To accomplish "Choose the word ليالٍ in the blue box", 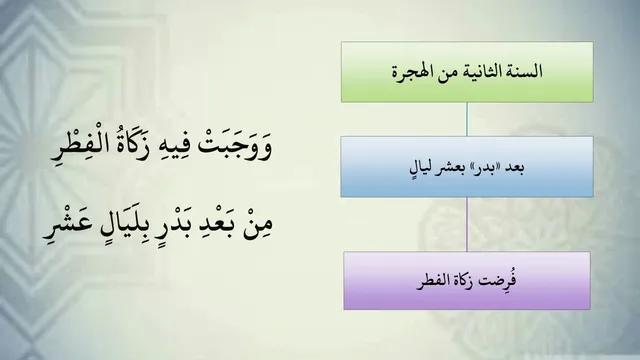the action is click(423, 168).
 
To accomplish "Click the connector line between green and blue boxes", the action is click(467, 119).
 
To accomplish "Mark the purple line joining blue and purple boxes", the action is click(467, 224).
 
